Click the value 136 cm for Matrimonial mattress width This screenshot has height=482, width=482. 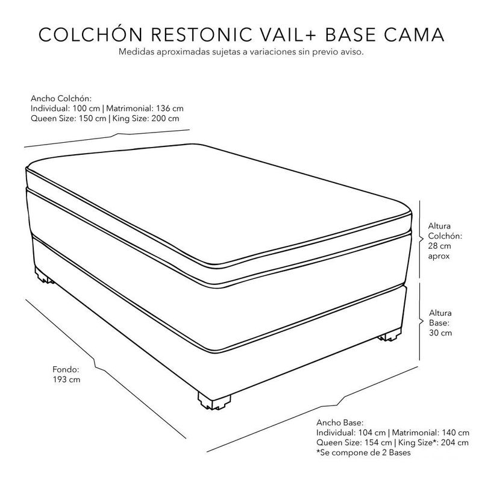pos(170,108)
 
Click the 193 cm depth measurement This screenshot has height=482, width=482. pos(67,380)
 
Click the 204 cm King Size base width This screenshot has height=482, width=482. pos(454,443)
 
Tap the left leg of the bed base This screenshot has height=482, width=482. pos(43,278)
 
